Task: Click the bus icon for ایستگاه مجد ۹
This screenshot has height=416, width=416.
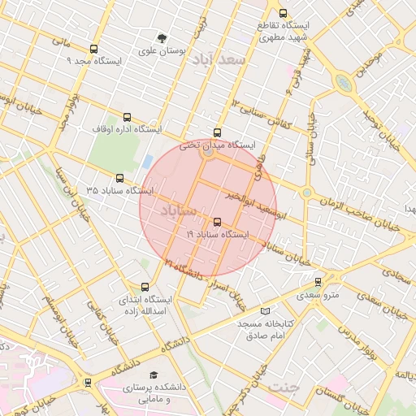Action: pos(93,49)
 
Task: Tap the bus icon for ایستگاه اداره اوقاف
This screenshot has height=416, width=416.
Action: pos(126,117)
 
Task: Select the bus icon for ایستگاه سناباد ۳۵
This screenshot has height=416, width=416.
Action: pos(120,178)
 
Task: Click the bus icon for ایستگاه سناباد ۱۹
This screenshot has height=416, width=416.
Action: pos(216,222)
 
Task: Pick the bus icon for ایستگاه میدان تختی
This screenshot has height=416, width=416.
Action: pos(216,132)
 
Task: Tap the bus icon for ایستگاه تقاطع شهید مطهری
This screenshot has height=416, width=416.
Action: pos(283,13)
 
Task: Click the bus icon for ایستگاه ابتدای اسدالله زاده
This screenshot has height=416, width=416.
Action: pos(145,287)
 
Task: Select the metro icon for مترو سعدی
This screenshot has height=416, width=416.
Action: pos(318,282)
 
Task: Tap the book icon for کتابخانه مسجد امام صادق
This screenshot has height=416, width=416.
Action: pos(265,311)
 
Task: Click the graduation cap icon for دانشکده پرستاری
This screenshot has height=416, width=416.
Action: pos(154,375)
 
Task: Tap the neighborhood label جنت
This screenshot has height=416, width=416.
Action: pos(284,386)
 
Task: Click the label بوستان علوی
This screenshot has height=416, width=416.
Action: pos(162,50)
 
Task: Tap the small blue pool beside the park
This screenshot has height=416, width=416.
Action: pos(146,161)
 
